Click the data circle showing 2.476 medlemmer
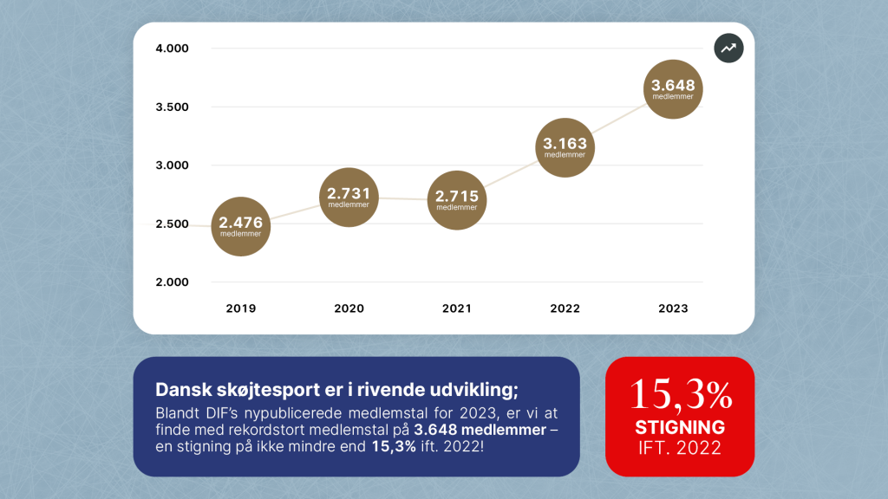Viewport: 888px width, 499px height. click(x=240, y=226)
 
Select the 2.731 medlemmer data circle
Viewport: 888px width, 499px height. click(x=349, y=197)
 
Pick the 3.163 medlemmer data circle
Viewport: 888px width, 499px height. click(x=565, y=147)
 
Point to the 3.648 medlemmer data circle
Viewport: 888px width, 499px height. click(x=673, y=89)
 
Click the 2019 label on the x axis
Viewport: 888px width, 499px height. click(x=240, y=308)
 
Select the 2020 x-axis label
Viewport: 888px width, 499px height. click(x=349, y=308)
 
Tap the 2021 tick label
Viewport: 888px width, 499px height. click(x=457, y=308)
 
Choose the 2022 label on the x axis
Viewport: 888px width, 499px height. click(x=565, y=308)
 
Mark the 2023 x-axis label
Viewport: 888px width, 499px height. click(x=673, y=308)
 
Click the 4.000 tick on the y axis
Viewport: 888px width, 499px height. click(x=171, y=49)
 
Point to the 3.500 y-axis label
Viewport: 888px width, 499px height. click(x=171, y=107)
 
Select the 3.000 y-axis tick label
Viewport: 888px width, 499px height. click(x=171, y=165)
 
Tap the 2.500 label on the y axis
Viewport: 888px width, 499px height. click(x=171, y=224)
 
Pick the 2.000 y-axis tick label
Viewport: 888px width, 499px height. click(x=171, y=282)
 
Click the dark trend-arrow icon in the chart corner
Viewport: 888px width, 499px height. click(x=728, y=49)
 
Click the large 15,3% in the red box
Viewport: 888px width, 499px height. click(x=680, y=395)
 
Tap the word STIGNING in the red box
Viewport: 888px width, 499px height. click(x=680, y=428)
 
